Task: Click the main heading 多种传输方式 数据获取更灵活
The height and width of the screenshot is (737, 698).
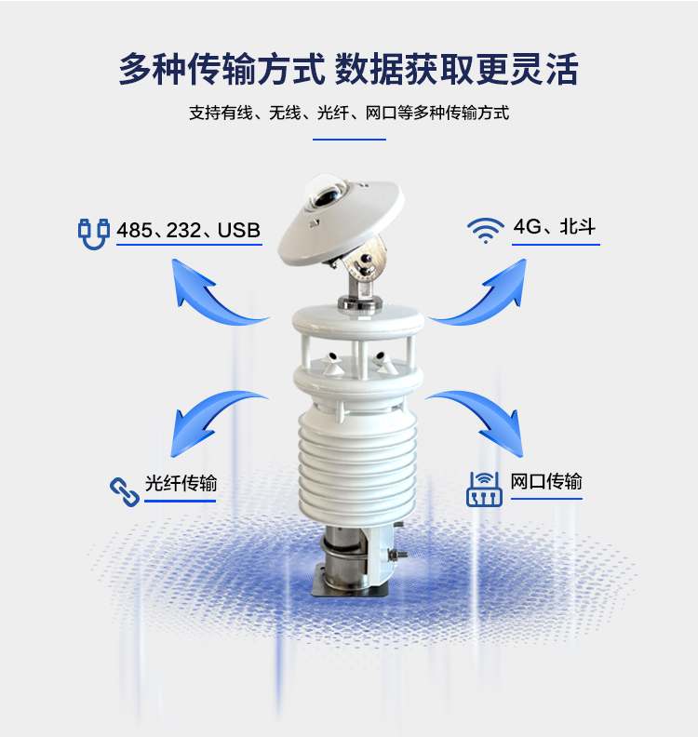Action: pos(348,69)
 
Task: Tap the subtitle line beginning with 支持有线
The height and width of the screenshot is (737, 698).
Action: pos(349,113)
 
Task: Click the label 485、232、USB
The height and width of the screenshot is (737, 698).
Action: pos(189,230)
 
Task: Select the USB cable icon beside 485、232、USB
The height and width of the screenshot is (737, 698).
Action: pos(94,234)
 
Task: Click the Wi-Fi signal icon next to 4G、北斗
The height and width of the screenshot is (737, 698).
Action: pos(486,231)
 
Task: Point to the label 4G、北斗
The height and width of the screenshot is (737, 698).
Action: pos(555,226)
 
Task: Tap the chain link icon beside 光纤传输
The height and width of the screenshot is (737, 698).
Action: pos(125,492)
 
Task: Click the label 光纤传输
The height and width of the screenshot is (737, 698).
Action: pos(181,483)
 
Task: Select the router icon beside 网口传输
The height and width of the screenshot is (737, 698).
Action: pos(484,489)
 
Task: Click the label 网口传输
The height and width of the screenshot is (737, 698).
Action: pos(546,481)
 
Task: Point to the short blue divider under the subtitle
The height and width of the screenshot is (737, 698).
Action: pos(349,140)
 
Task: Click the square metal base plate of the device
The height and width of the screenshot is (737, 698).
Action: pos(350,588)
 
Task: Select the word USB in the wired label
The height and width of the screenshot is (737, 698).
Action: pos(239,230)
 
